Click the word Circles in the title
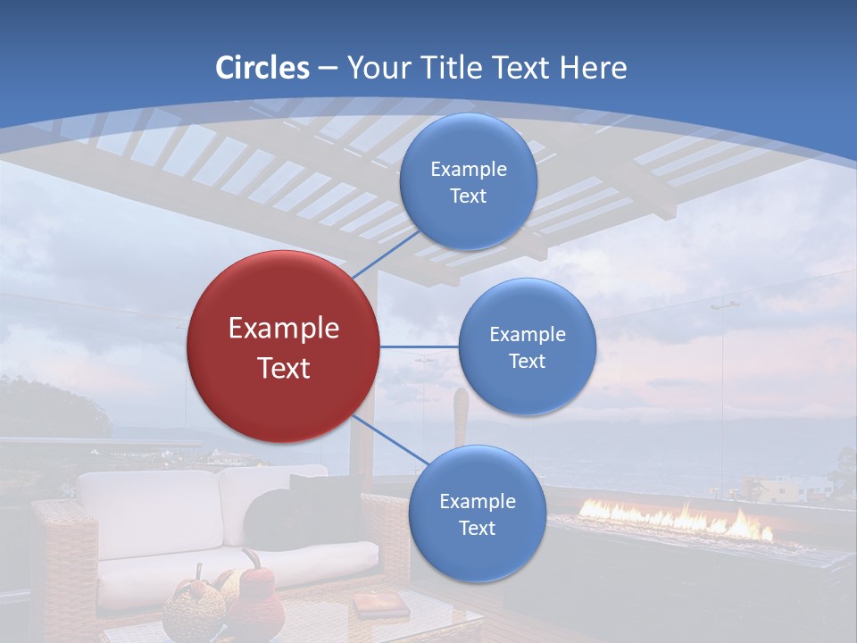(x=262, y=68)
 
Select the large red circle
(x=283, y=347)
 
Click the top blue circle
(x=468, y=182)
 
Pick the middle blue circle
(x=527, y=347)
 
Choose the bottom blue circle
(x=477, y=514)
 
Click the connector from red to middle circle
(x=419, y=347)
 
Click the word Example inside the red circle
(x=283, y=329)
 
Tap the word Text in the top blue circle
(x=468, y=196)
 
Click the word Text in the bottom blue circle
(x=477, y=529)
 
